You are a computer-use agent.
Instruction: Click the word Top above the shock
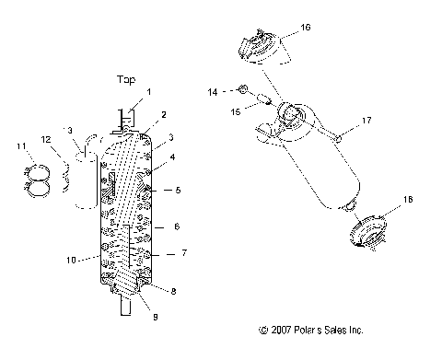(125, 79)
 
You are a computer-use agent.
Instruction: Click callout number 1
(149, 93)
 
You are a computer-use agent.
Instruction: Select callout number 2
(163, 115)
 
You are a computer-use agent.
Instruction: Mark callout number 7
(184, 252)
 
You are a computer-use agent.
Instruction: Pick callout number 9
(155, 317)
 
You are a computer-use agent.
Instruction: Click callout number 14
(212, 92)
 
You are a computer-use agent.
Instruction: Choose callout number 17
(366, 121)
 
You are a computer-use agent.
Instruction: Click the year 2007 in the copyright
(285, 329)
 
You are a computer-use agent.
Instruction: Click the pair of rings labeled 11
(34, 178)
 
